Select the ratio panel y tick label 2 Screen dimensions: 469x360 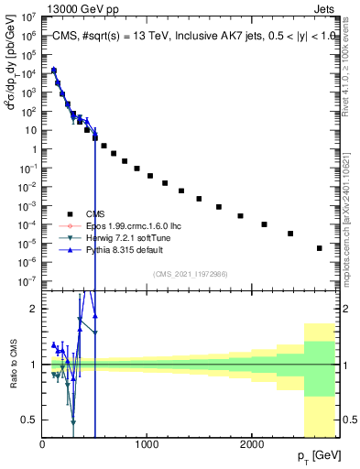tap(32, 309)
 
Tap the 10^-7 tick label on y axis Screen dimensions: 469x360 tap(27, 281)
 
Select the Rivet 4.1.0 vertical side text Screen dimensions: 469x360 tap(352, 69)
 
